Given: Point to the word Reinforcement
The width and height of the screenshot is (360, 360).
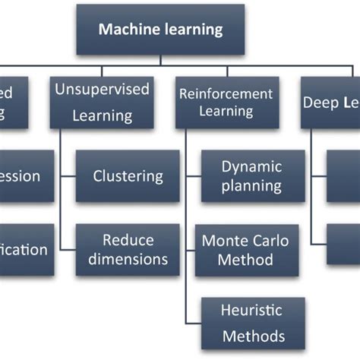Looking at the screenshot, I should point(226,94).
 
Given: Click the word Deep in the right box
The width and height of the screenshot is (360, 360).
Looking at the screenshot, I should point(319,101).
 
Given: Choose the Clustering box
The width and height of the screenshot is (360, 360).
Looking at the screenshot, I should point(128,176).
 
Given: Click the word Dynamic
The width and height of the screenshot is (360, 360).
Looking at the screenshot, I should point(251,166).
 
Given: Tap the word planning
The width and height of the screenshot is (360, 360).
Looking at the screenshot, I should point(251,186).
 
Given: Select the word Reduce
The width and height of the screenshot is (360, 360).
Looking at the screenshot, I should point(128,240).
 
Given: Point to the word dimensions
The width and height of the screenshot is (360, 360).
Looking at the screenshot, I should point(128,259).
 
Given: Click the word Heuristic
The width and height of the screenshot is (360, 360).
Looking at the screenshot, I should point(251,310).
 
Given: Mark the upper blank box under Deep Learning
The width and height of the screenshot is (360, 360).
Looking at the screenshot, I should point(343,176).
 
